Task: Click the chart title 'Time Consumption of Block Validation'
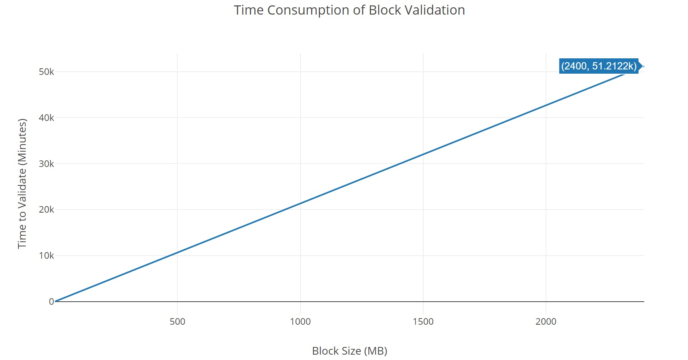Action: (349, 10)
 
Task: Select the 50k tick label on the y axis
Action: (46, 72)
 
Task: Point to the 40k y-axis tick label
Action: (46, 118)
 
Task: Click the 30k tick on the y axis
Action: (46, 164)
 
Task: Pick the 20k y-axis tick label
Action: (46, 210)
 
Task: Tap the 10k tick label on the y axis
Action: (46, 256)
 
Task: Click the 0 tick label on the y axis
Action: (51, 302)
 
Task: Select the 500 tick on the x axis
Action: (177, 322)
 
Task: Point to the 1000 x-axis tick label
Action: (300, 322)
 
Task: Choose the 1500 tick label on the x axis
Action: (423, 322)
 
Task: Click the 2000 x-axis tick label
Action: (546, 322)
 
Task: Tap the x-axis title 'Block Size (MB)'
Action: (349, 351)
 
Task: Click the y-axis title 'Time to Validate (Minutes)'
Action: (22, 183)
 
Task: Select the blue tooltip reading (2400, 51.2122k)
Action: (599, 66)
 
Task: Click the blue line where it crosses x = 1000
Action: (300, 203)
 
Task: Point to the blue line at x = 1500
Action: (423, 154)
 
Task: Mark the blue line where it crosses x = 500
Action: (177, 253)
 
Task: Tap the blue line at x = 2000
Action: (546, 105)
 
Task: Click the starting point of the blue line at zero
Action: (55, 301)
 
